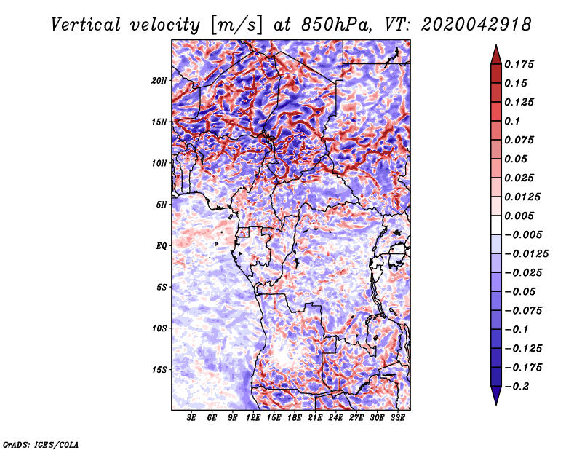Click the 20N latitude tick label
159,81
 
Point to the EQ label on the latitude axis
162,246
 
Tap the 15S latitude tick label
159,370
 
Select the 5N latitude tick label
162,205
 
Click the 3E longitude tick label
191,418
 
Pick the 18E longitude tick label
295,418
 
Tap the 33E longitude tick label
397,418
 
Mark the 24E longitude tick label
335,418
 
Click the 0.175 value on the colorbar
519,64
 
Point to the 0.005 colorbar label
519,216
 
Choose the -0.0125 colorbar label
526,254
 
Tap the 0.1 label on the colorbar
512,121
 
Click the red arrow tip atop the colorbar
496,45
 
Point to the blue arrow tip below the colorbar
496,404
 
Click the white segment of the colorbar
496,225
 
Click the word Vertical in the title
86,25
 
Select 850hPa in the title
336,25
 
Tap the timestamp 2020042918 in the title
477,25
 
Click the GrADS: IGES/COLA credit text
41,444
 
